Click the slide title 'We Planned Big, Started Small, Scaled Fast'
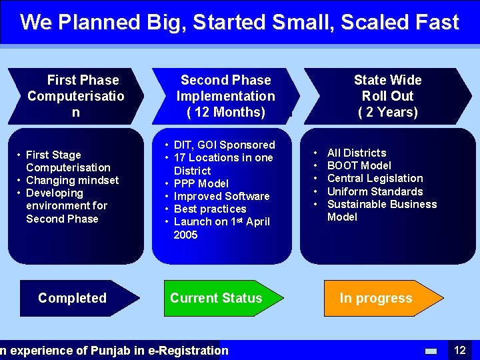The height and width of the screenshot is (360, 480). [x=239, y=22]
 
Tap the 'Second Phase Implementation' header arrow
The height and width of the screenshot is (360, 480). [x=225, y=96]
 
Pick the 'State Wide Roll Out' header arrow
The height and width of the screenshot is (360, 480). [x=387, y=96]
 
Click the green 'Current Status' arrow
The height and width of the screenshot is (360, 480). [x=216, y=298]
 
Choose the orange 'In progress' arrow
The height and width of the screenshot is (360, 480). [x=376, y=298]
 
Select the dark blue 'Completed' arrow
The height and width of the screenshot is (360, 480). [x=73, y=298]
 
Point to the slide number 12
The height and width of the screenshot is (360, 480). [x=459, y=350]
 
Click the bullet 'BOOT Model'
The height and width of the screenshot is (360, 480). [x=359, y=165]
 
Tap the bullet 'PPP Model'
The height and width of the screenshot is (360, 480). [x=201, y=183]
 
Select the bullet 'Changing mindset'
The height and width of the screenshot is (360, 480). [x=72, y=180]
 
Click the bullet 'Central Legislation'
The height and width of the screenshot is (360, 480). [x=375, y=178]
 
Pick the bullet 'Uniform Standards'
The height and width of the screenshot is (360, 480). [x=375, y=191]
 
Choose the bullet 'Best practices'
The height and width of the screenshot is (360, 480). [x=209, y=209]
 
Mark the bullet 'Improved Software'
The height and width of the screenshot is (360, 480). [x=221, y=196]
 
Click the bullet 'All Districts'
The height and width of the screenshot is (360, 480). [x=357, y=153]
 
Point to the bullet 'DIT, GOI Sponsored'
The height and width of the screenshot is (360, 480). [x=224, y=145]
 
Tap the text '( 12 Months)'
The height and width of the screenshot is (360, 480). [x=225, y=112]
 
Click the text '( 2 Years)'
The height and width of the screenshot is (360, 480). [x=387, y=112]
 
